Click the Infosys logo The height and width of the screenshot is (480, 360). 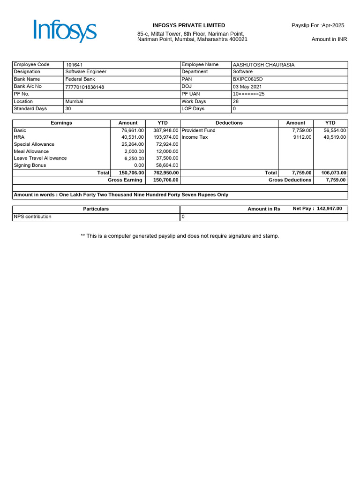(65, 31)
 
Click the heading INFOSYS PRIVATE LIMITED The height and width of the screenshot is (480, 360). (189, 25)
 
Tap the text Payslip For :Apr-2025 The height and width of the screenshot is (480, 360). (318, 25)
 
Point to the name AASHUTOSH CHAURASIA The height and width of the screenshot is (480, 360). (263, 65)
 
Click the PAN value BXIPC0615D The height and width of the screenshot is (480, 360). (248, 79)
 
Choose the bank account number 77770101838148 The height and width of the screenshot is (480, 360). (85, 87)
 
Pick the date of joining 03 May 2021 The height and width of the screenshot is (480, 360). (247, 87)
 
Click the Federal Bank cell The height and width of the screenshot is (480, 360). (80, 79)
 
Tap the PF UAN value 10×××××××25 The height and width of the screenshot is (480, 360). (249, 94)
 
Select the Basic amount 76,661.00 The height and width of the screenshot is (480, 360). (133, 130)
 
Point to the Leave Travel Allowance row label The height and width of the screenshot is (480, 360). (40, 158)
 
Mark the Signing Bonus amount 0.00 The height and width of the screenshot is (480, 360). (139, 165)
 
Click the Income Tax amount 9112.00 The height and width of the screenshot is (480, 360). (302, 137)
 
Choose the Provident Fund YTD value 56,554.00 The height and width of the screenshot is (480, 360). (335, 130)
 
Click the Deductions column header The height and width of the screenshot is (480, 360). (229, 123)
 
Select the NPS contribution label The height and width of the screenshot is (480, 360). (33, 217)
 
